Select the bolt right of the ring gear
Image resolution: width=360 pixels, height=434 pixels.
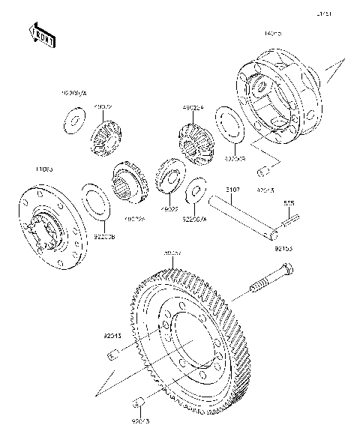(x=273, y=279)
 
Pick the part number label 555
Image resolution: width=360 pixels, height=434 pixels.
(x=288, y=202)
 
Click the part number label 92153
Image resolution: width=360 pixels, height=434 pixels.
(x=283, y=246)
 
